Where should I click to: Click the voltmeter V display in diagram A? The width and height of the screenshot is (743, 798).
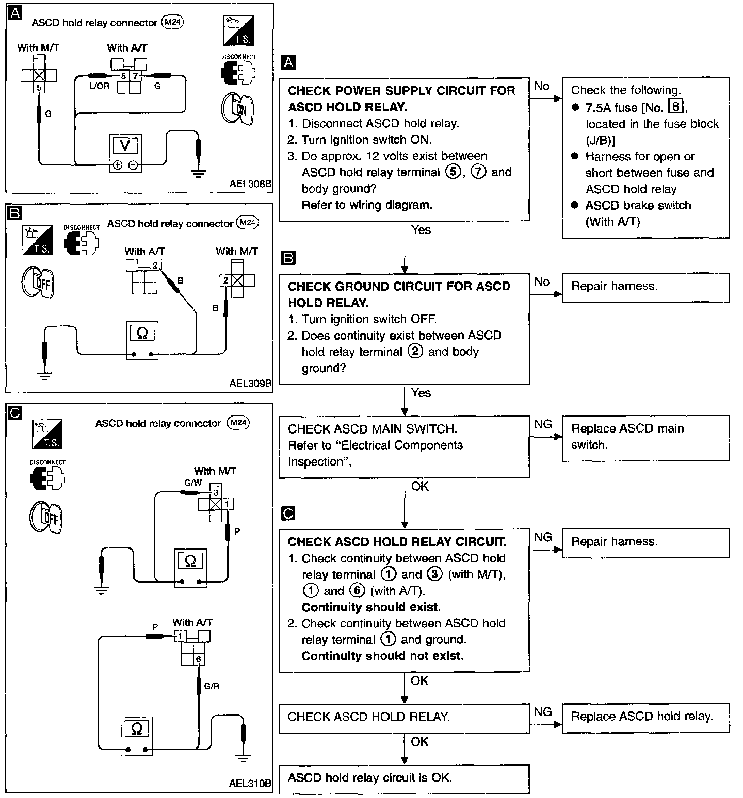coord(125,146)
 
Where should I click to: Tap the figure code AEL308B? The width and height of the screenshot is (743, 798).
coord(250,183)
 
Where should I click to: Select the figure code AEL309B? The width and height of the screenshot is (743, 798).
coord(250,383)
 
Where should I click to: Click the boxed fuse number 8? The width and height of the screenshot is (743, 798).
coord(675,107)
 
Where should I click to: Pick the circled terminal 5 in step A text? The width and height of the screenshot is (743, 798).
coord(453,172)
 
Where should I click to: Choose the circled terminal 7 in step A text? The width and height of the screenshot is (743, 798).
coord(479,172)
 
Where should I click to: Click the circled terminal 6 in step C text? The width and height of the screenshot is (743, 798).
coord(357,591)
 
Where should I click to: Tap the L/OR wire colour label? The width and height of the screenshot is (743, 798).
coord(99,86)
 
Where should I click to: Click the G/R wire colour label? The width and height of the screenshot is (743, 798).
coord(212,686)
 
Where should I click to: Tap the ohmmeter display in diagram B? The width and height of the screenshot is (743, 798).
coord(142,334)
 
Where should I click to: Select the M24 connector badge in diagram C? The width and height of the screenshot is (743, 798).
coord(238,423)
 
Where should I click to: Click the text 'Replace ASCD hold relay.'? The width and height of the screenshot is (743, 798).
coord(642,717)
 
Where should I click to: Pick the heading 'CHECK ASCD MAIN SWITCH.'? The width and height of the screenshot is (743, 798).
coord(373,429)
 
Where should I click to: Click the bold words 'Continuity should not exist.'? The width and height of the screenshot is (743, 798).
coord(382,656)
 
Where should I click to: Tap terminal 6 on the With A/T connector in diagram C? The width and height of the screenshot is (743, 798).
coord(198,659)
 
